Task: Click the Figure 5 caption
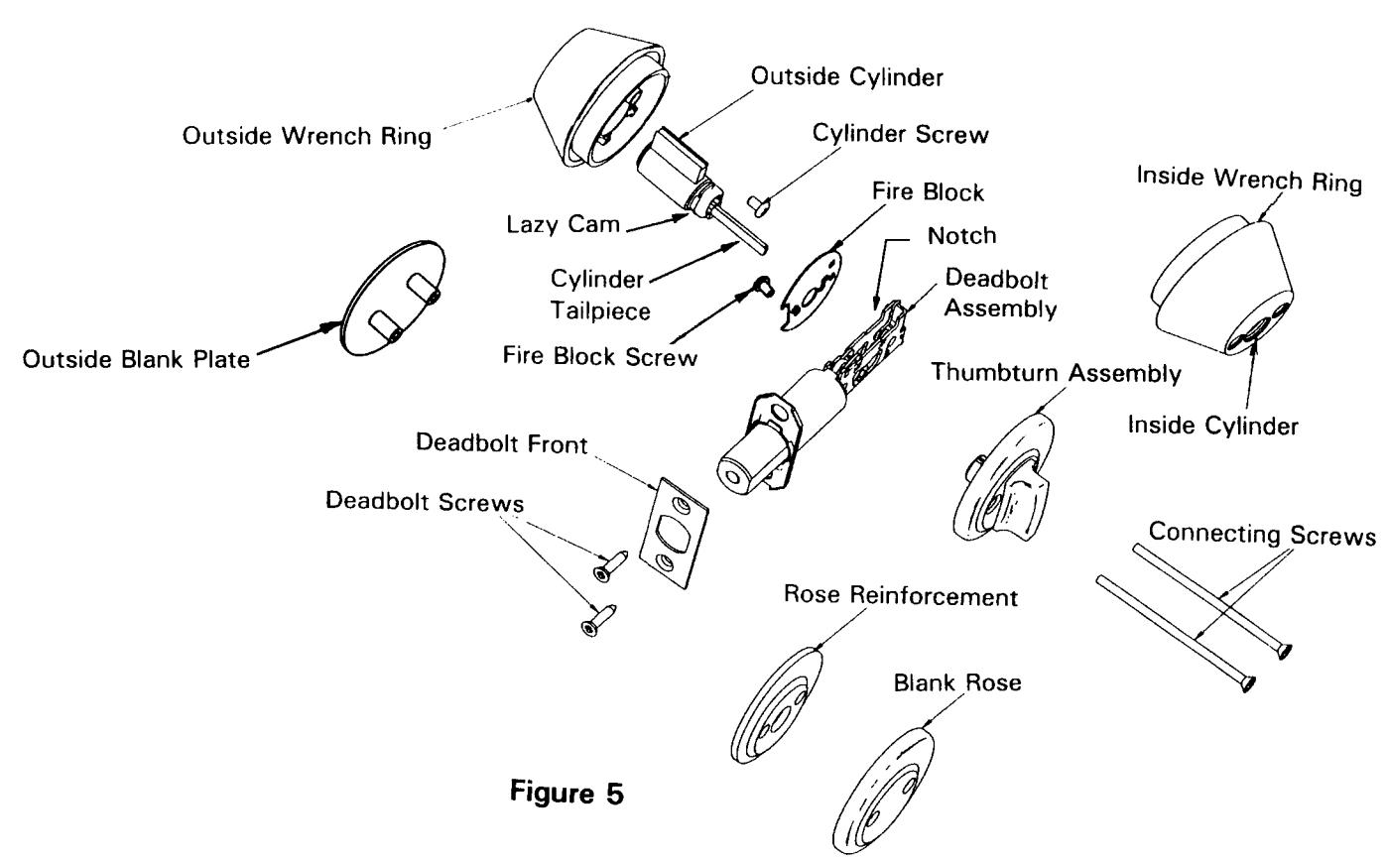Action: click(566, 793)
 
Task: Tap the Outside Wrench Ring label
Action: click(307, 136)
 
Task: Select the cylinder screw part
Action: click(758, 205)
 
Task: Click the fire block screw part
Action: click(763, 286)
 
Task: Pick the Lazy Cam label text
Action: click(563, 224)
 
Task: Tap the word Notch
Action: click(961, 235)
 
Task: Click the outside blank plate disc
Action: click(393, 298)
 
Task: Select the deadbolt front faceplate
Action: click(674, 534)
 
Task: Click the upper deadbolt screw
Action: click(610, 565)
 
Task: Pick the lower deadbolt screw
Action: click(598, 620)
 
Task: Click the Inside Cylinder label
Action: click(1212, 426)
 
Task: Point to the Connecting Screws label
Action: click(1262, 534)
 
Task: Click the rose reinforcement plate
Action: click(777, 705)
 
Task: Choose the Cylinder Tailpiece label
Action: click(599, 295)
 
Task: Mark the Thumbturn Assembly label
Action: click(1056, 373)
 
